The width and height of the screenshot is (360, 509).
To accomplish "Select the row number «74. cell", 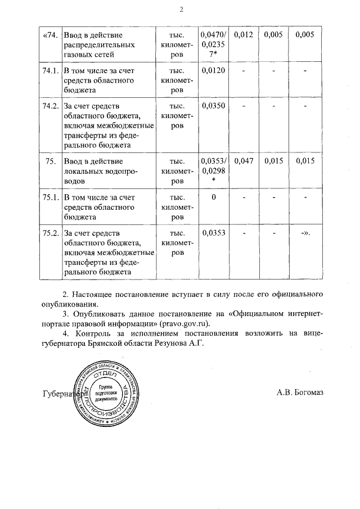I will pyautogui.click(x=51, y=35).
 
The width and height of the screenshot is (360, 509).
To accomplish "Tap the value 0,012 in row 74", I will pyautogui.click(x=244, y=35).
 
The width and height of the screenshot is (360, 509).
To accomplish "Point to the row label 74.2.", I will pyautogui.click(x=51, y=106).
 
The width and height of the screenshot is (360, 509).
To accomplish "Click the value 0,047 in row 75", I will pyautogui.click(x=244, y=161).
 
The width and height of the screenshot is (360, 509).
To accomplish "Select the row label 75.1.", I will pyautogui.click(x=51, y=197).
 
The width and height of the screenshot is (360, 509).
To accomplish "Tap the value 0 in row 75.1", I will pyautogui.click(x=214, y=197).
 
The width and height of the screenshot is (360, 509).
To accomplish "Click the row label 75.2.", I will pyautogui.click(x=51, y=233).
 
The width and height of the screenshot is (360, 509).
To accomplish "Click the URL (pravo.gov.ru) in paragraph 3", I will pyautogui.click(x=185, y=324).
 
